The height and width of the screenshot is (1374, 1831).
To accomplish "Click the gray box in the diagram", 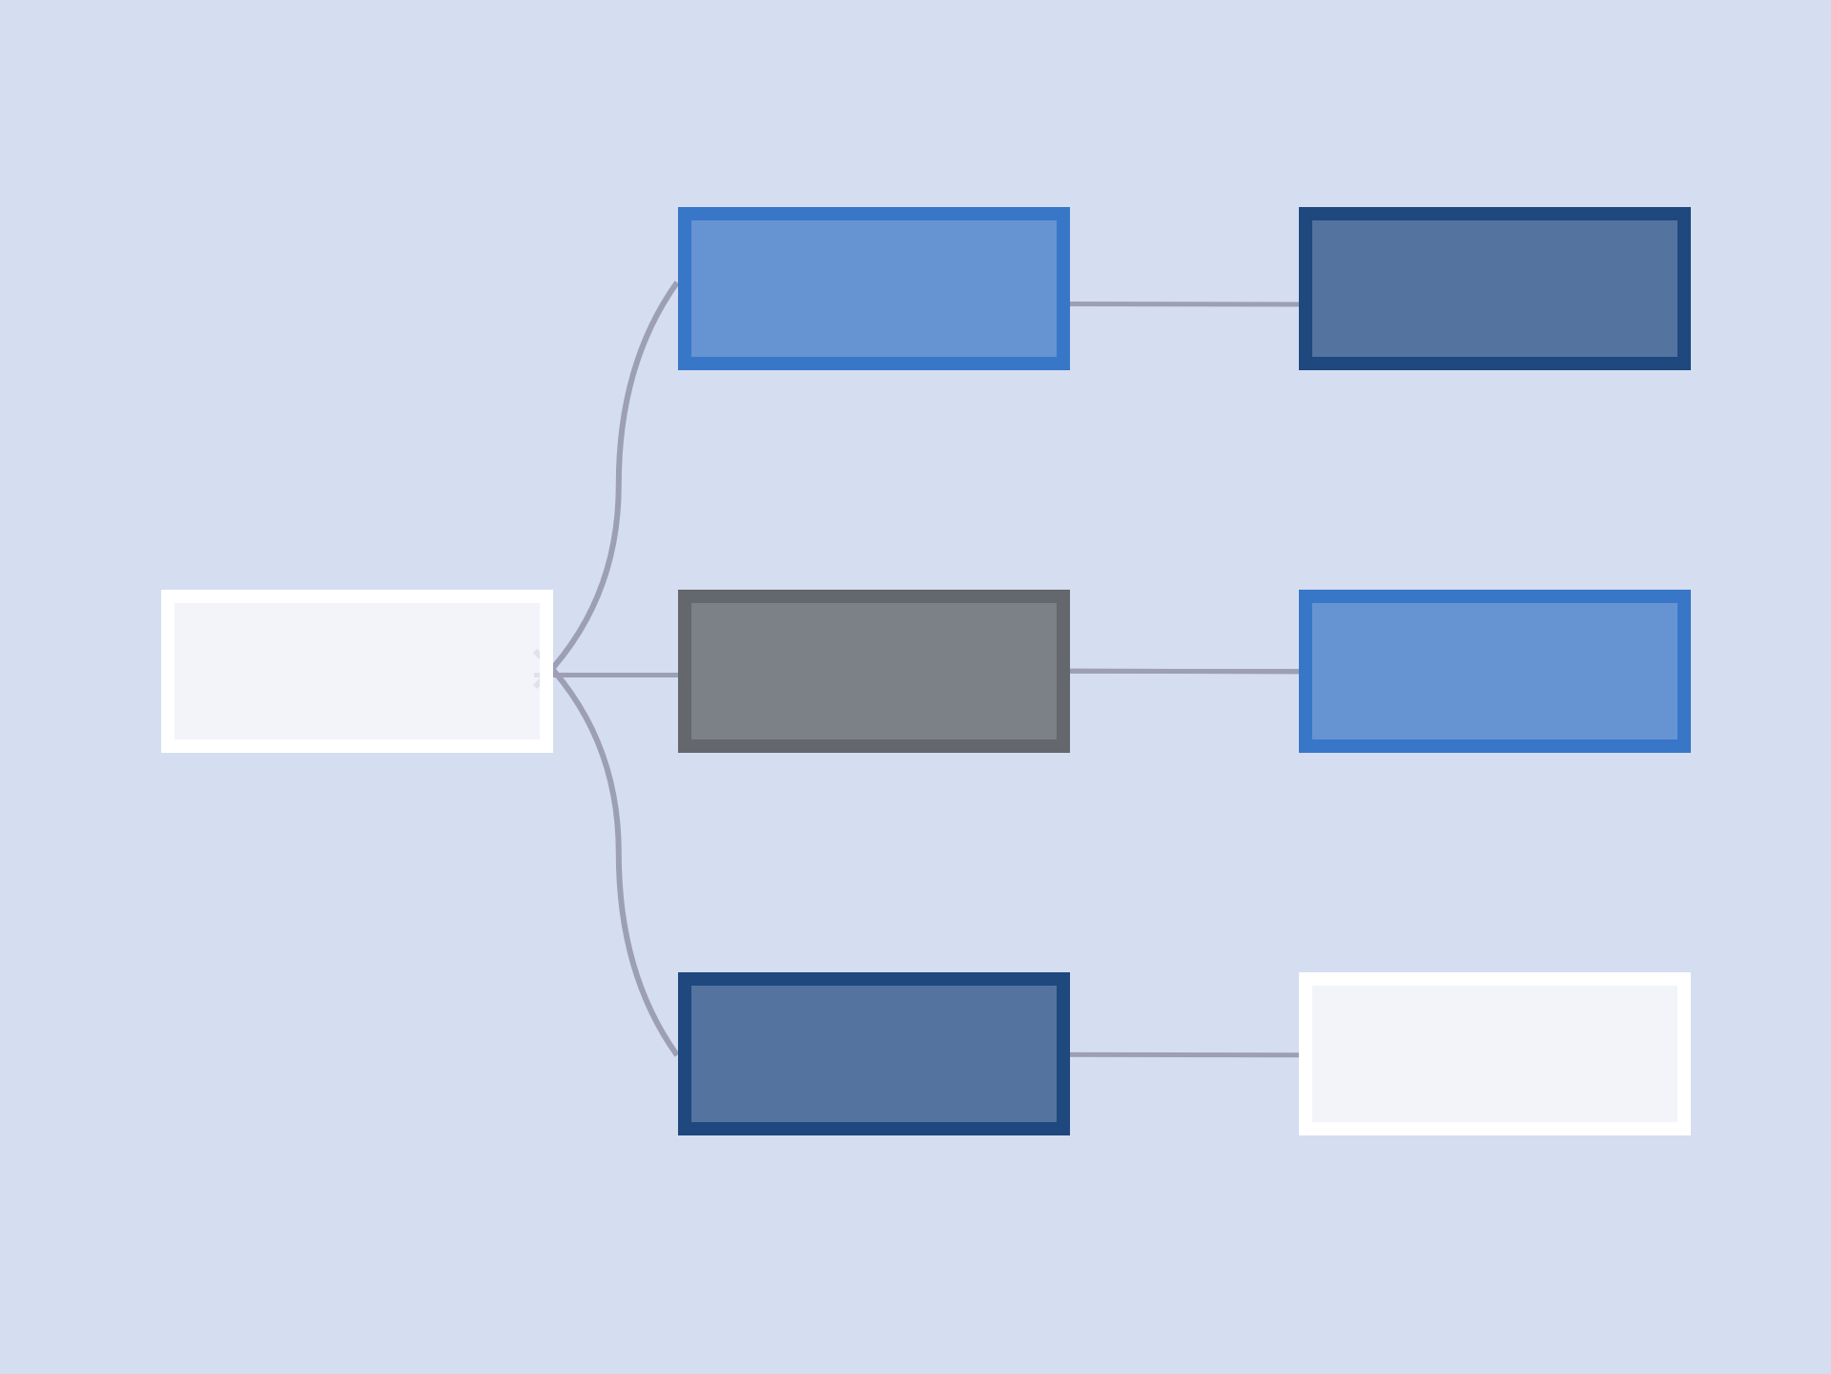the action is click(874, 671).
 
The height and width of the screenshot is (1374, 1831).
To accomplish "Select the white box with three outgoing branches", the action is click(357, 671).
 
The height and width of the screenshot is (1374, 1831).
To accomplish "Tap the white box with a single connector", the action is click(1494, 1053).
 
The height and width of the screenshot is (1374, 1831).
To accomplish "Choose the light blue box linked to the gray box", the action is click(1494, 671).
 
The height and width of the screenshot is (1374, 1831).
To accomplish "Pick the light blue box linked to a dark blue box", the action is click(874, 288).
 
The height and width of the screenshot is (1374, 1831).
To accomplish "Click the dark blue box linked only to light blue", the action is click(1494, 288).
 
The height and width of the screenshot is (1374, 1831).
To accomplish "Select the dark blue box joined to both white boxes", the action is click(874, 1053).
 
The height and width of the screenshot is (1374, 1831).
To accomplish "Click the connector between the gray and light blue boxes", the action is click(1183, 671).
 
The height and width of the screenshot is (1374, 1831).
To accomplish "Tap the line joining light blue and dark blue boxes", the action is click(1183, 304).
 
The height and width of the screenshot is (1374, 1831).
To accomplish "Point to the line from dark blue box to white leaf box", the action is click(1183, 1054).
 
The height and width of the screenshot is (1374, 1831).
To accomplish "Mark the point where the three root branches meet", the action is click(555, 674).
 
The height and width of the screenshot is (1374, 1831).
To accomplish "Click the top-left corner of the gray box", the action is click(679, 591).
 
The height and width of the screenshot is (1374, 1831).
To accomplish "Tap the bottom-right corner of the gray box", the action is click(1069, 752).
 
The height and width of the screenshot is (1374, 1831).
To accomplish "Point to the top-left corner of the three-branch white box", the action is click(162, 591).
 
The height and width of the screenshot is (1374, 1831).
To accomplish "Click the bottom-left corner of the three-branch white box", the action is click(162, 752).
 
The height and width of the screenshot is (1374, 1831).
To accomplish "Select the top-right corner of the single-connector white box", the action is click(1690, 973).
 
